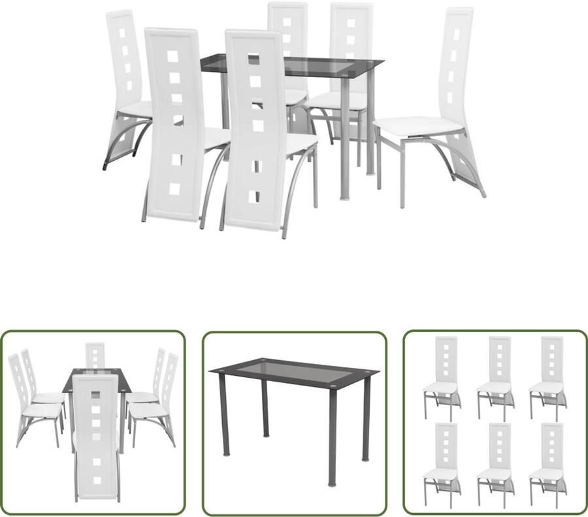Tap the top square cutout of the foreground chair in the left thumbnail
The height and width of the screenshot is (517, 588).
point(95,395)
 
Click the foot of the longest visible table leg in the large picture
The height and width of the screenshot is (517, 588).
point(346,196)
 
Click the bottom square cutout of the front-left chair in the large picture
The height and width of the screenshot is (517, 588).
point(174,190)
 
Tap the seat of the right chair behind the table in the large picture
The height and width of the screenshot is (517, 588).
point(338,99)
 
